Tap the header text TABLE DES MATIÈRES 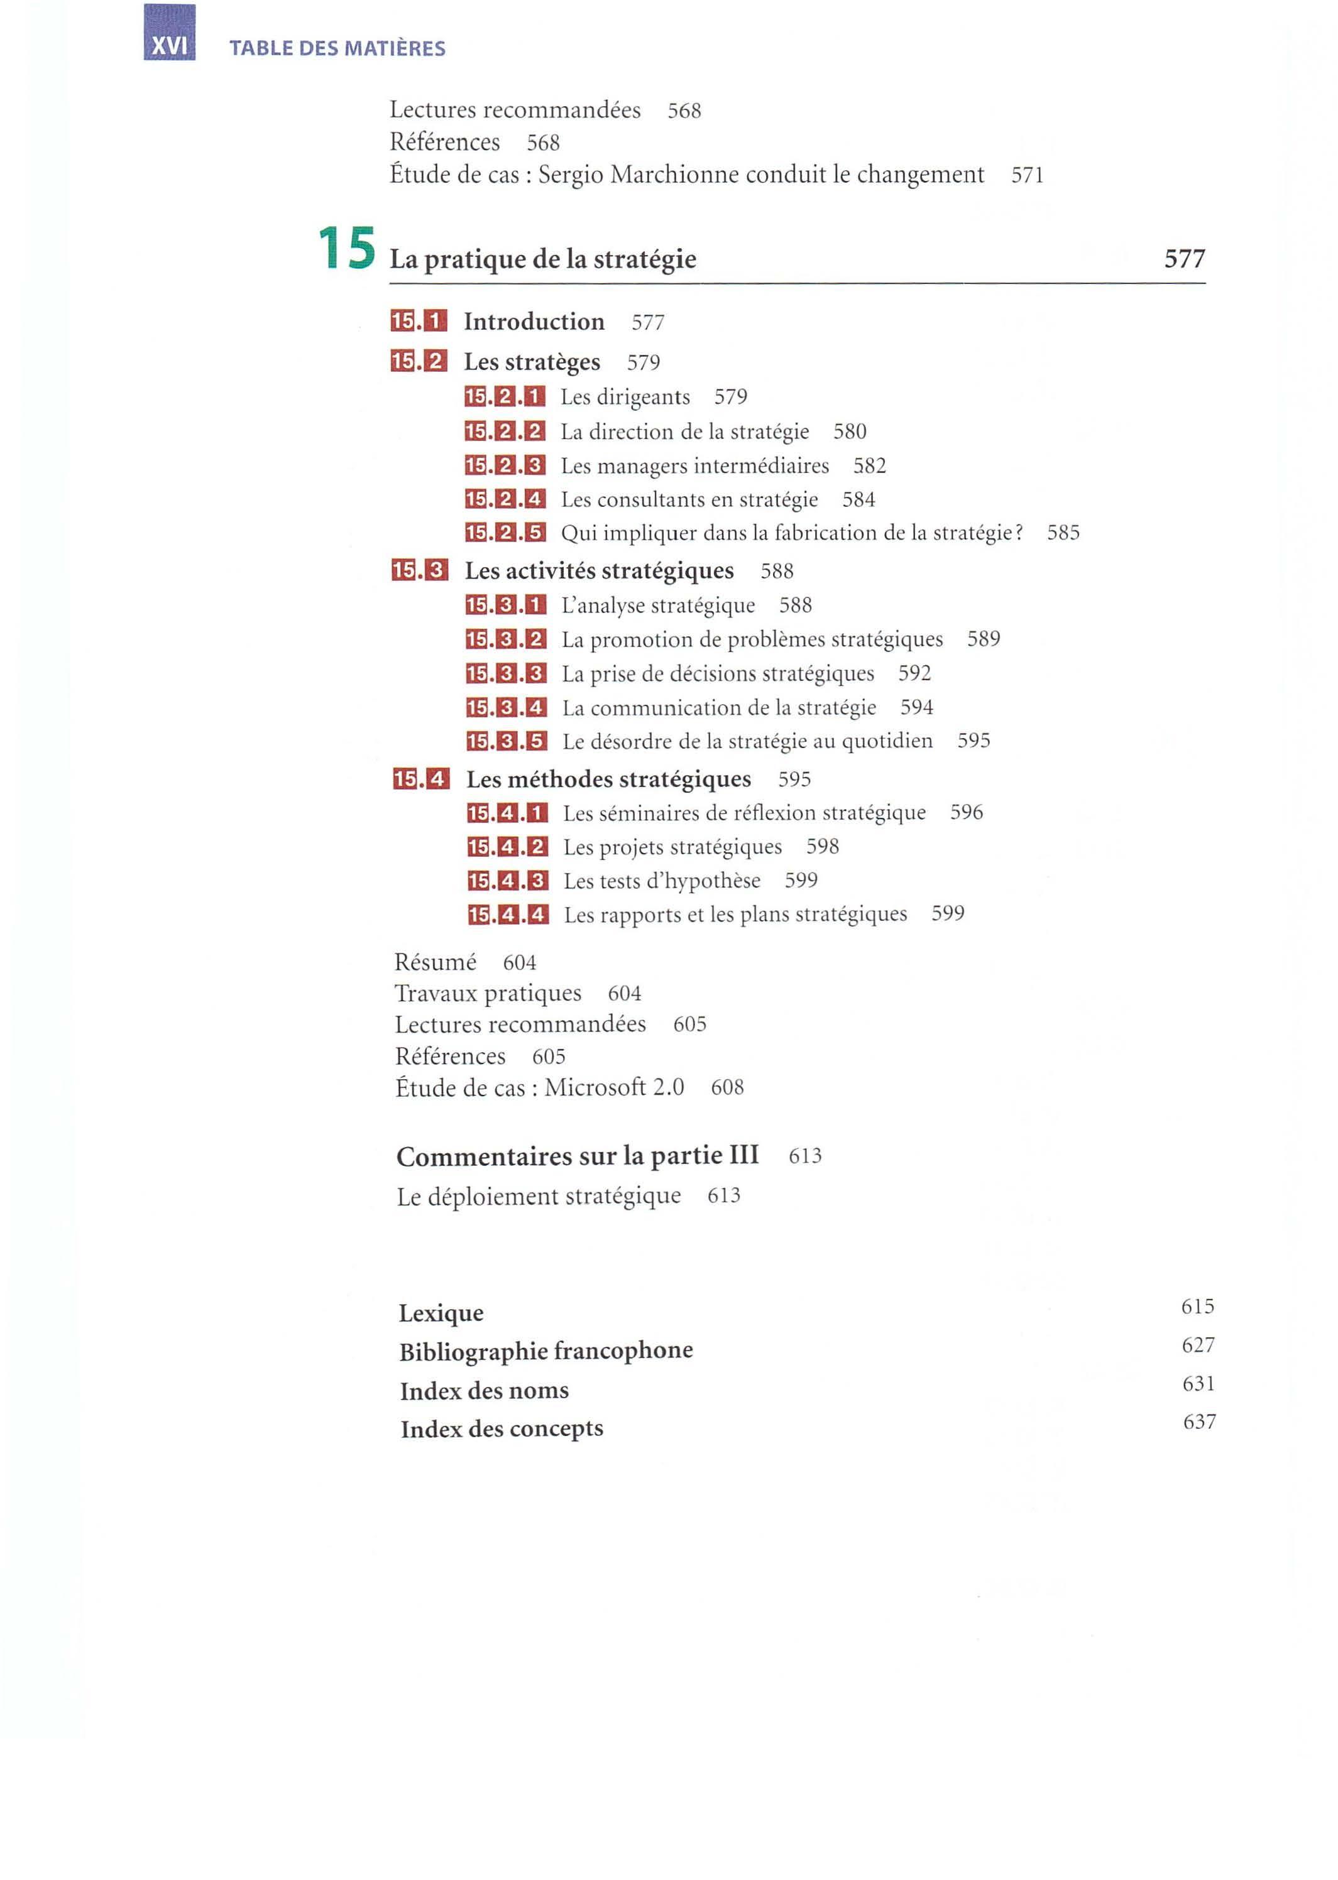(337, 48)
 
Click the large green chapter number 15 (347, 249)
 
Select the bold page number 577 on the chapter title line (1184, 259)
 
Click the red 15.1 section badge (419, 321)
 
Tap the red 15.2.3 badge (505, 466)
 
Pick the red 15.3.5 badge (506, 741)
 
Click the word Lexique (441, 1313)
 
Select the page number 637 (1198, 1421)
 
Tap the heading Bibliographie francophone (546, 1351)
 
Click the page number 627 (1198, 1345)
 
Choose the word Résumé (435, 963)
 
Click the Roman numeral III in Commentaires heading (743, 1155)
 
